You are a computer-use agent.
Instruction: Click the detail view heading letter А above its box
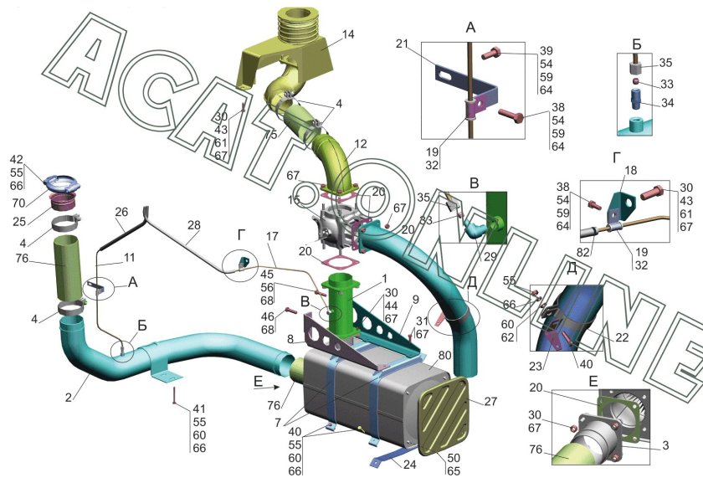point(471,28)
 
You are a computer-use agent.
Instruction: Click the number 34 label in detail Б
point(667,103)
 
